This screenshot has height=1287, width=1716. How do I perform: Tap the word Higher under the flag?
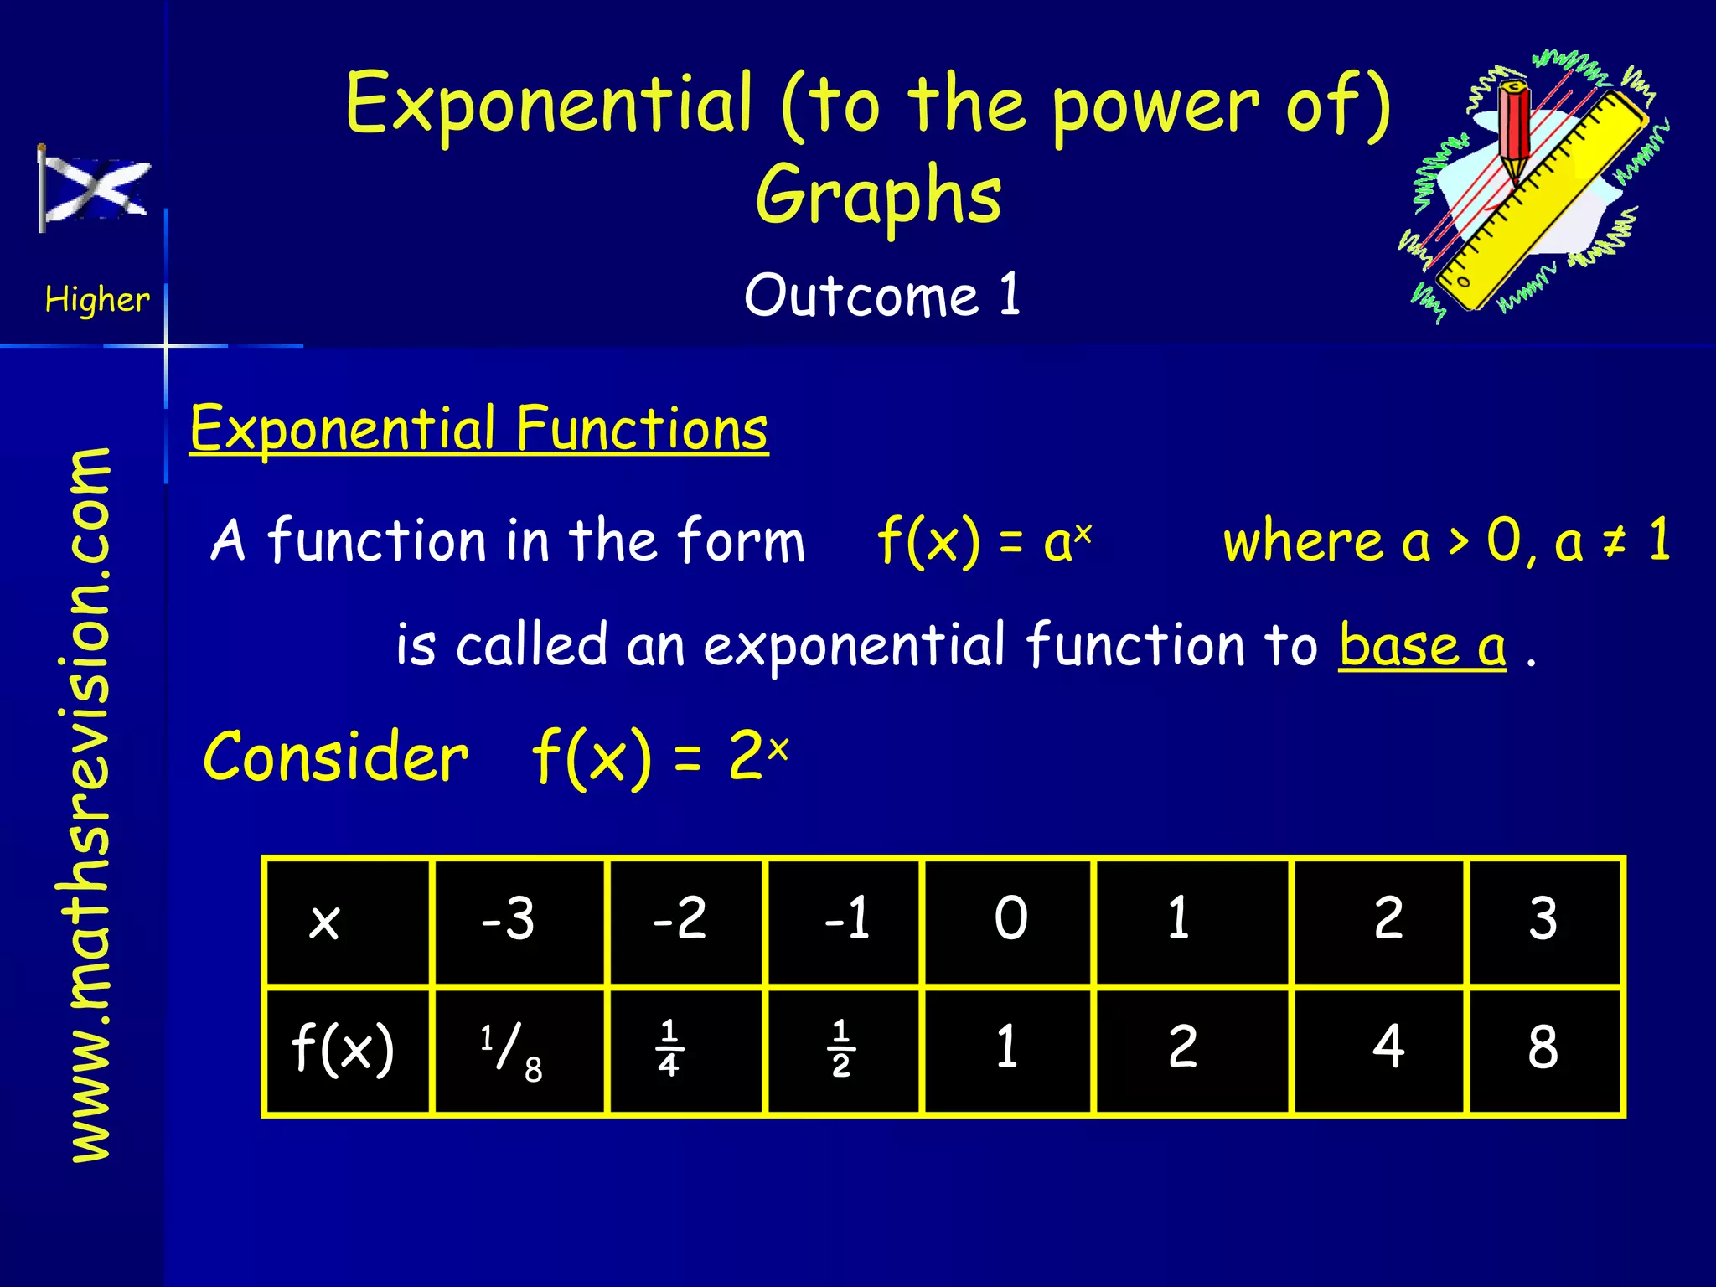pos(97,299)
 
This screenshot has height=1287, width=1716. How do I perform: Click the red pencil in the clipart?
pos(1515,130)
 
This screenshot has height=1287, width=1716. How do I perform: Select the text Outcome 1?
pos(881,295)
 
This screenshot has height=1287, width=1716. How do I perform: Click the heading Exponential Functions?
pos(478,429)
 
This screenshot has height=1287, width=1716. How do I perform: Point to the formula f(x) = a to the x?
pos(984,541)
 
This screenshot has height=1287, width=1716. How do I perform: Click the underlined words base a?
pos(1422,645)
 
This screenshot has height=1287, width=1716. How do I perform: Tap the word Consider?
pos(336,757)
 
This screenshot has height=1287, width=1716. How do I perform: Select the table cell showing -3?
pos(508,919)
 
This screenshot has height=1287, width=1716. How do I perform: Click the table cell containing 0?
pos(1010,919)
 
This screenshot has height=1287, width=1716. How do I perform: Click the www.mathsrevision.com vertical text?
pos(90,804)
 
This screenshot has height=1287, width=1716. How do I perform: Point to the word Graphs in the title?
pos(878,194)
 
